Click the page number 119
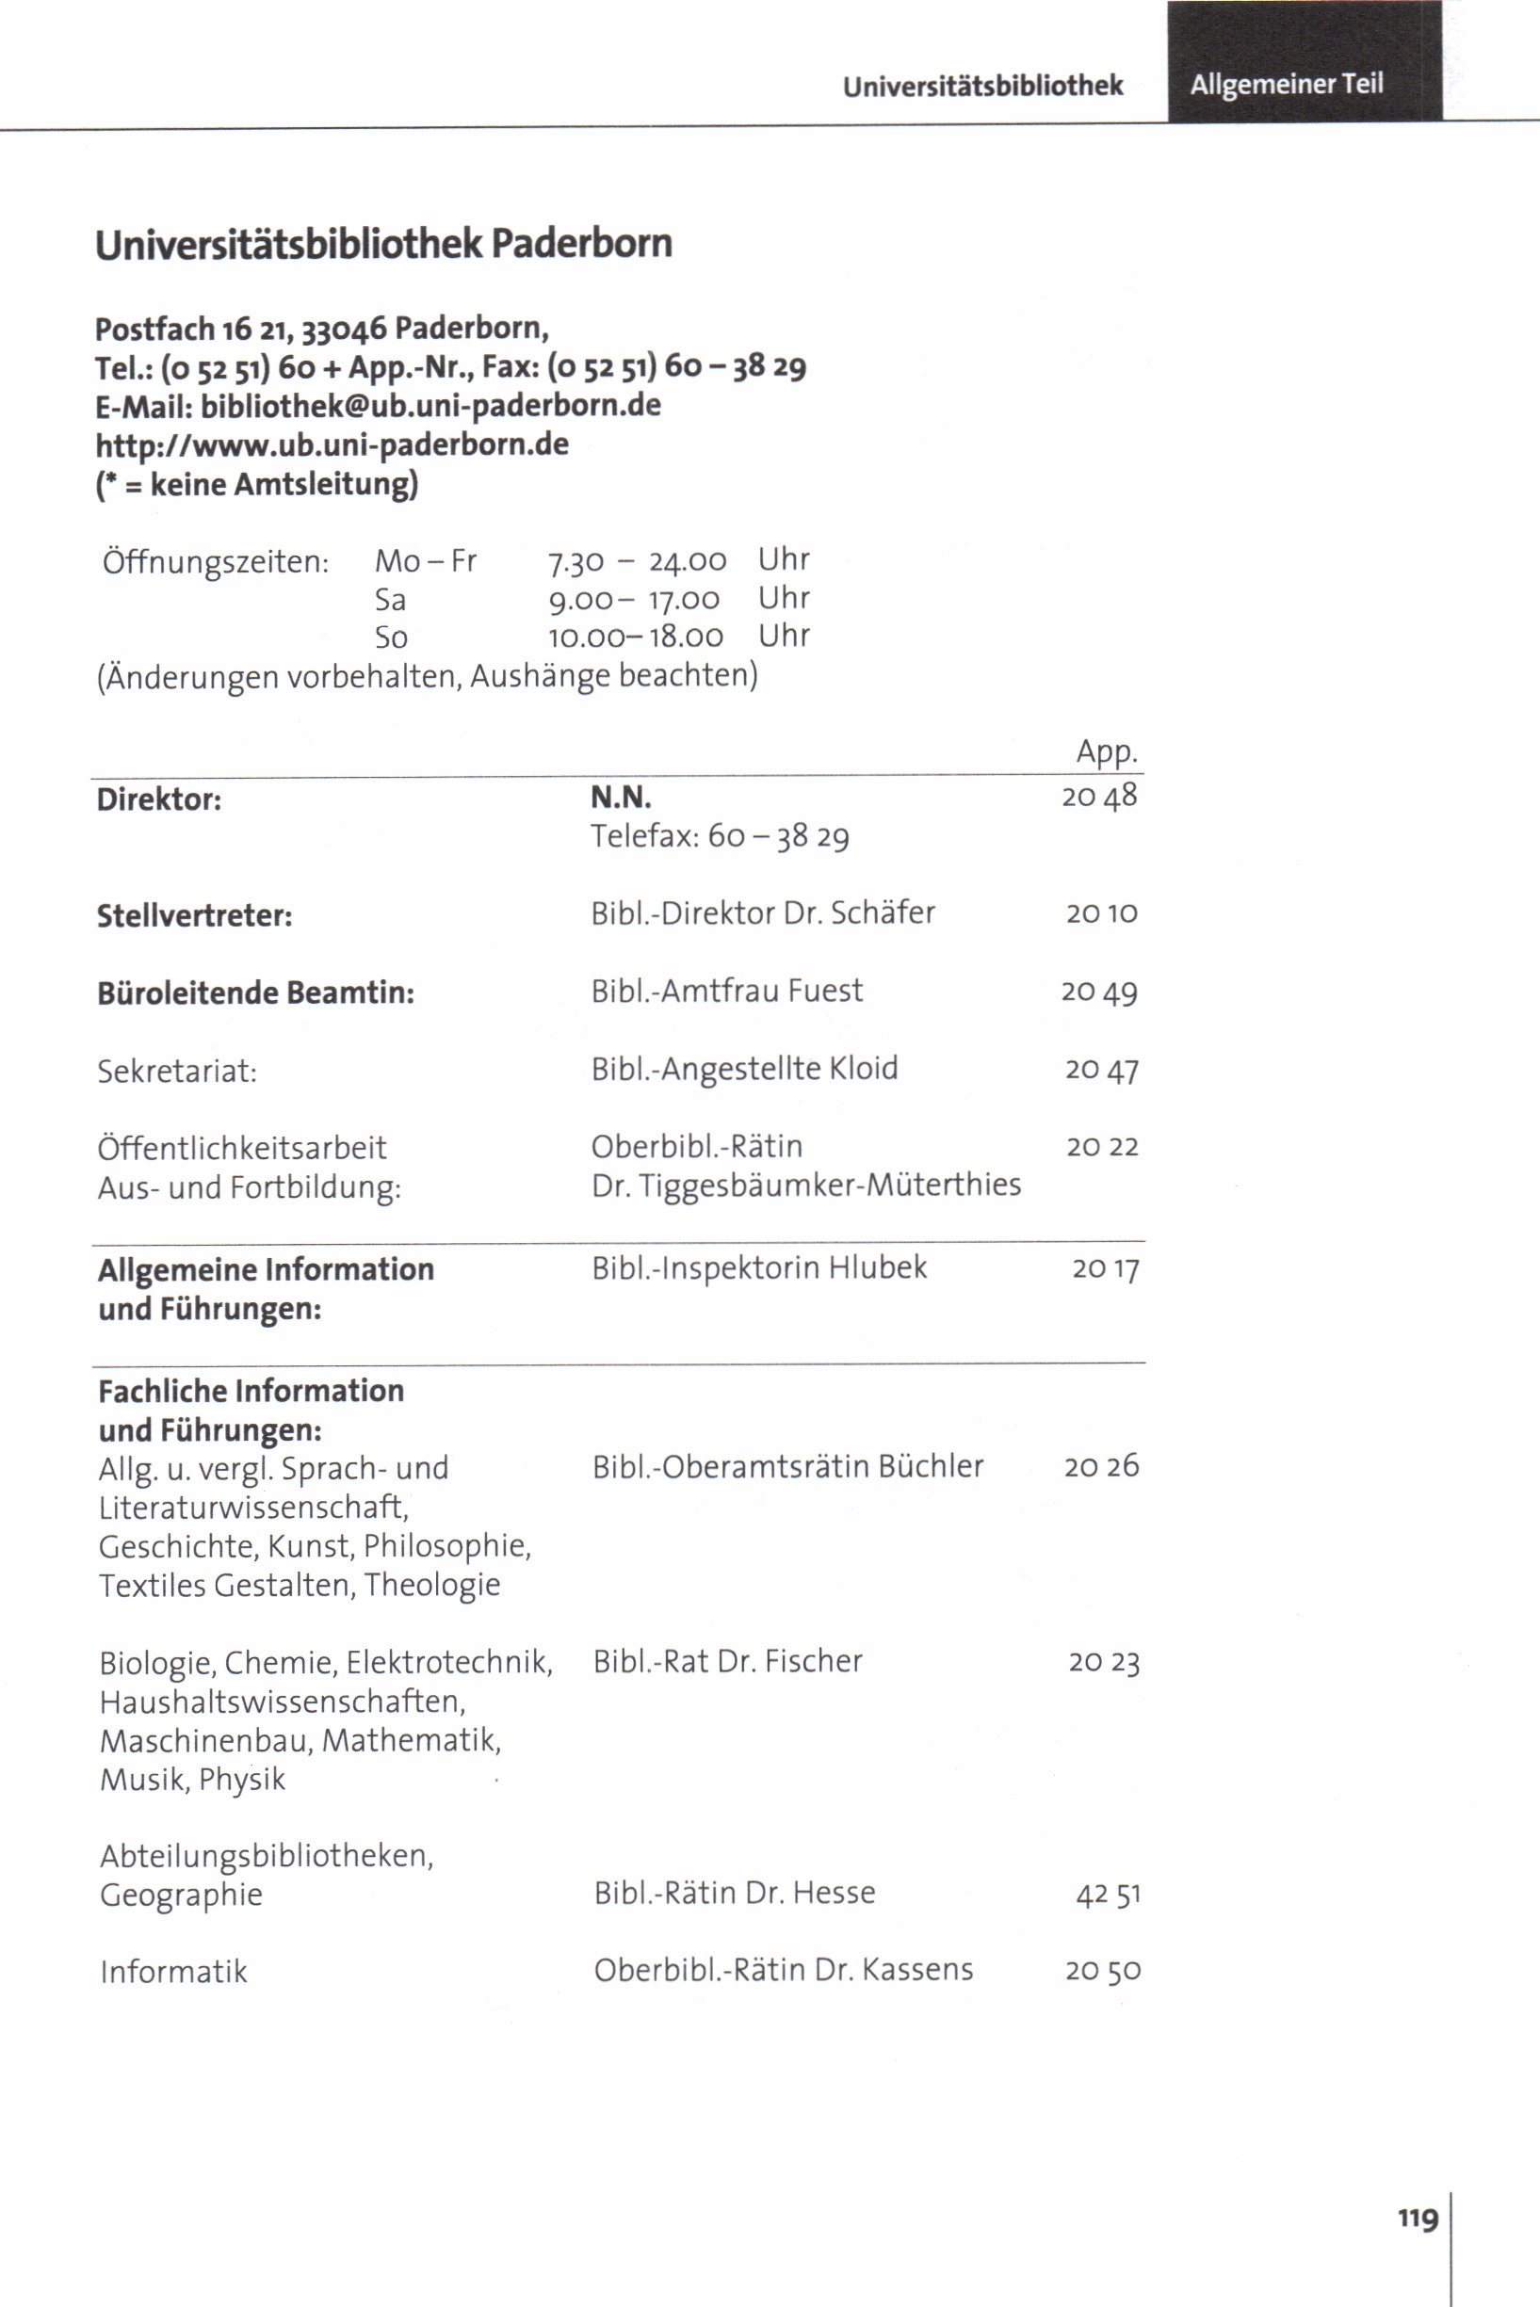click(1418, 2219)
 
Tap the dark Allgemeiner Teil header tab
click(1286, 85)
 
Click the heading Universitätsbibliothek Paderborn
click(383, 244)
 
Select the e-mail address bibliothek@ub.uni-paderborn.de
click(430, 406)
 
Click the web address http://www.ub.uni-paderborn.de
click(332, 444)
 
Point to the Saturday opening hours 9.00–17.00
click(634, 599)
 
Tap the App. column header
click(1106, 752)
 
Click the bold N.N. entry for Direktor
click(621, 798)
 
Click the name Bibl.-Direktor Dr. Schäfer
click(762, 913)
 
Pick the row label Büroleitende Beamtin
click(255, 992)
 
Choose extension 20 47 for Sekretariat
click(1102, 1069)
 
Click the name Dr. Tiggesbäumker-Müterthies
click(805, 1185)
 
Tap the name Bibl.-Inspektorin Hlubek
click(758, 1267)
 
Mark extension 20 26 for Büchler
click(1101, 1467)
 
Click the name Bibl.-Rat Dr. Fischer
click(727, 1661)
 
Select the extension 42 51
click(1108, 1894)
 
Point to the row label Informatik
click(174, 1971)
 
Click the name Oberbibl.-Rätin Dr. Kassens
click(783, 1969)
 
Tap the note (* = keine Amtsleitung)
click(256, 484)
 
